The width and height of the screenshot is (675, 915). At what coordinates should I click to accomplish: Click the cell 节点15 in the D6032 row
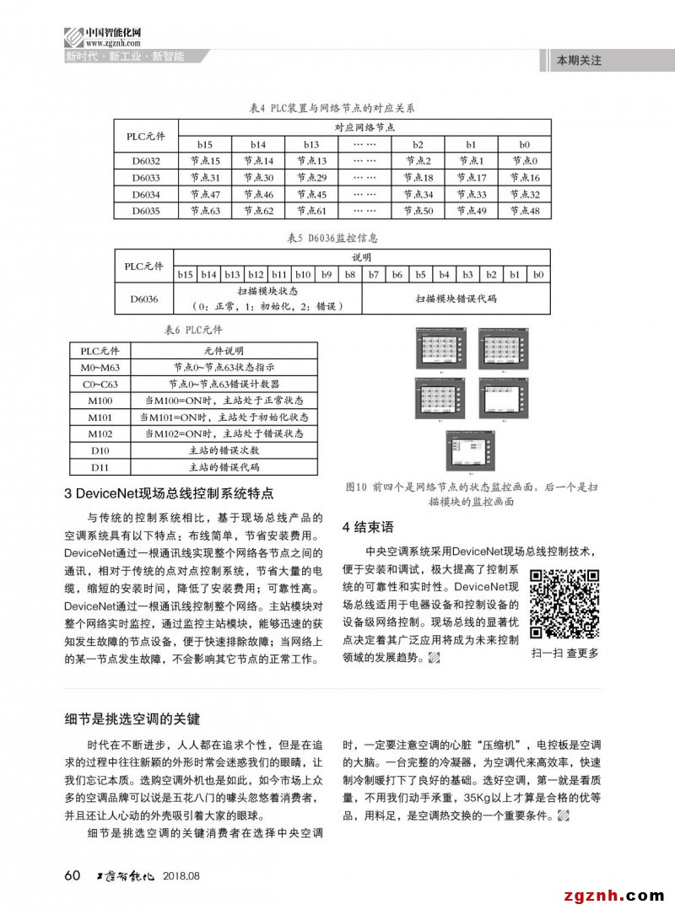click(x=204, y=161)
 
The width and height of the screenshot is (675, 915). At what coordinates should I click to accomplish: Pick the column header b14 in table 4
click(x=258, y=145)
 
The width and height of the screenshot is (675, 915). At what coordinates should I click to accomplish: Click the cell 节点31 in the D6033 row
click(x=204, y=178)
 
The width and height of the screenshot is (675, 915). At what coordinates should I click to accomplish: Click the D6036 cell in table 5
click(x=144, y=299)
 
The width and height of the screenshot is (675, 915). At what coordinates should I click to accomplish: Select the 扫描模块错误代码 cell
click(x=456, y=299)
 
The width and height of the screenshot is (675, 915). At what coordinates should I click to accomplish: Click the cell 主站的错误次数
click(x=223, y=450)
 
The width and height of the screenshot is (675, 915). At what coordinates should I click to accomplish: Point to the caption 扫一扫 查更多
click(x=564, y=653)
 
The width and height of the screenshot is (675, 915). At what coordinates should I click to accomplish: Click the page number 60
click(x=73, y=875)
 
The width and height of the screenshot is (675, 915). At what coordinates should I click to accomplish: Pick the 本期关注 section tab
click(x=579, y=61)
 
